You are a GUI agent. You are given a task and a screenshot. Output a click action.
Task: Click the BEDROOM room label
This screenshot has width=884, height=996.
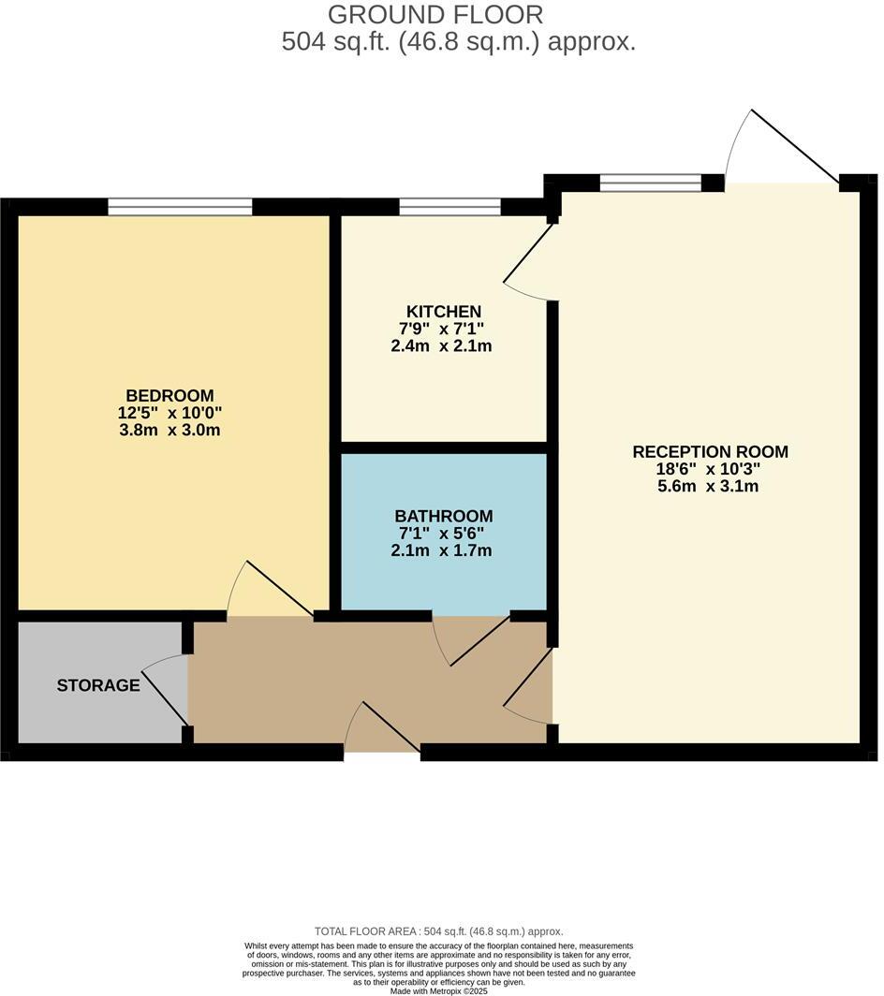(170, 395)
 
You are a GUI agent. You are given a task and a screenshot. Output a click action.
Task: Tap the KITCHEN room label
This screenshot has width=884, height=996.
(443, 312)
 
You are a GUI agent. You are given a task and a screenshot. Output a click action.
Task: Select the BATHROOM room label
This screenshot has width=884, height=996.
(443, 516)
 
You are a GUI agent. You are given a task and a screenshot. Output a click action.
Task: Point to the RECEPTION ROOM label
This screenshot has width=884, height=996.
(710, 452)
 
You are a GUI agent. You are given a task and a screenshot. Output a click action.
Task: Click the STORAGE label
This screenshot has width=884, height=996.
(98, 685)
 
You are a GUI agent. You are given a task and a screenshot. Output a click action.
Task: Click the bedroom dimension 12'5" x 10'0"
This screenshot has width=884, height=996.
(170, 413)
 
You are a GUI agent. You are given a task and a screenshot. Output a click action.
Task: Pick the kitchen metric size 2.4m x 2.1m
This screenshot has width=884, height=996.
(441, 345)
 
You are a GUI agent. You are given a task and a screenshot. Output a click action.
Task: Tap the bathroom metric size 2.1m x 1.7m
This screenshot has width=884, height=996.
(441, 550)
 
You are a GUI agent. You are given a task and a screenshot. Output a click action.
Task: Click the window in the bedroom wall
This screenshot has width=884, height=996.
(180, 207)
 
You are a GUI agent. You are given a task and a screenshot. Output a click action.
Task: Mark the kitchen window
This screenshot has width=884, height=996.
(449, 207)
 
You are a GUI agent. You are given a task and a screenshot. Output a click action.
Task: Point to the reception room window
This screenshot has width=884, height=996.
(651, 183)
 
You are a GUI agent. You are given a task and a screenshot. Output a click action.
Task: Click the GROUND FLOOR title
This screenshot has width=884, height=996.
(435, 15)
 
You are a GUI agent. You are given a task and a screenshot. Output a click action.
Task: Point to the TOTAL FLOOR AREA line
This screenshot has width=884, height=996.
(438, 931)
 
